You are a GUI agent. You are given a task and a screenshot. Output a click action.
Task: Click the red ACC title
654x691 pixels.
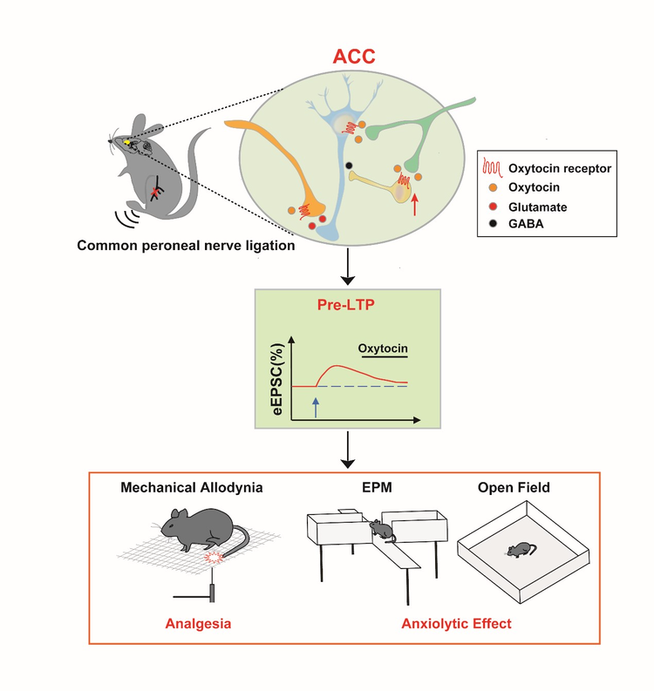[x=354, y=57]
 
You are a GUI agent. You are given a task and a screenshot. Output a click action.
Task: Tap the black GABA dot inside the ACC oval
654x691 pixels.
[x=349, y=166]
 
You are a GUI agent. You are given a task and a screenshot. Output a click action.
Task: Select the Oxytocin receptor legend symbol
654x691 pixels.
[x=492, y=167]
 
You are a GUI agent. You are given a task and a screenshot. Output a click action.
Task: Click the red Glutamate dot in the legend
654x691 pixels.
[x=493, y=207]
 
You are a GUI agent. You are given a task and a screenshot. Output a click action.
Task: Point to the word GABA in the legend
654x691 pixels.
[x=526, y=224]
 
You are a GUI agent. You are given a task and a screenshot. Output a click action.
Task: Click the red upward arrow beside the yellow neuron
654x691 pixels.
[x=414, y=206]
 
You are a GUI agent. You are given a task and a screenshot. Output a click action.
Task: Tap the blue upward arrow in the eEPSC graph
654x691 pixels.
[x=316, y=407]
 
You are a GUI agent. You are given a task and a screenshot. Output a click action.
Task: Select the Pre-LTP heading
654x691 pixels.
[x=345, y=305]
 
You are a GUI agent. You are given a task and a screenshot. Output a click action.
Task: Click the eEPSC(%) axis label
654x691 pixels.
[x=278, y=379]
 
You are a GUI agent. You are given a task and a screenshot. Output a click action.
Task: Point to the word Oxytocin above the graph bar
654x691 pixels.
[x=383, y=349]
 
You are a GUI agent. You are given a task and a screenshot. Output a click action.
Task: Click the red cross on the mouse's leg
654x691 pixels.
[x=155, y=193]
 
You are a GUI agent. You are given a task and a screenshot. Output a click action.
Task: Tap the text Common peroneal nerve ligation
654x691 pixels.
[x=186, y=246]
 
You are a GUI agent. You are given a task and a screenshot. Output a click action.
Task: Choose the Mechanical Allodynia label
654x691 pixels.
[x=192, y=487]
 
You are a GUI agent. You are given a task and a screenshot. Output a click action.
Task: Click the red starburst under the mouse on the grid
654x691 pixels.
[x=215, y=558]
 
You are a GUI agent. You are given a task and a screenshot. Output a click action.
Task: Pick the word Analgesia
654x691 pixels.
[x=198, y=624]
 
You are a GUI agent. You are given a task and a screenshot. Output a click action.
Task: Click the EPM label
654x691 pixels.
[x=377, y=487]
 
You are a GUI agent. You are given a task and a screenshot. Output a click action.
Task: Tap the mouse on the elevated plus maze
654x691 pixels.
[x=382, y=530]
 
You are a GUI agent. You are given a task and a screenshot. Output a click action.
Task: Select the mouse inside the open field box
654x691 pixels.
[x=521, y=550]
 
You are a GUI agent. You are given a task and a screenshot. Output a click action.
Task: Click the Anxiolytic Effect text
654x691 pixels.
[x=456, y=624]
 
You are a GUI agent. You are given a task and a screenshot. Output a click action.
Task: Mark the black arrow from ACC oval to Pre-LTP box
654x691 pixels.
[x=348, y=267]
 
